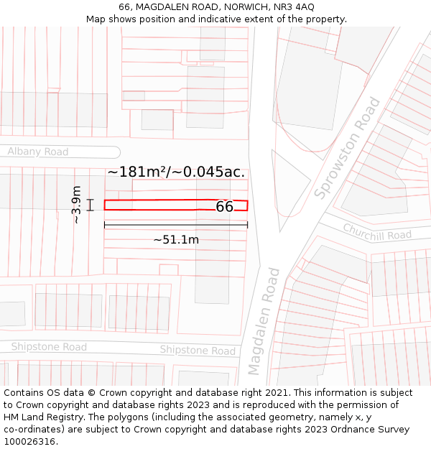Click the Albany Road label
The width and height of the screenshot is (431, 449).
[x=38, y=152]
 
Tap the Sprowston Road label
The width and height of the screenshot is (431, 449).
[x=347, y=148]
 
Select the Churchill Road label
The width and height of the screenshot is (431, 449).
[x=377, y=232]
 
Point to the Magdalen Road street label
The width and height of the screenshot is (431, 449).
[x=264, y=321]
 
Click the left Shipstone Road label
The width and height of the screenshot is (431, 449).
[x=49, y=347]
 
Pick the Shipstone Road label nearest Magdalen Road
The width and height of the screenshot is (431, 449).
[x=198, y=351]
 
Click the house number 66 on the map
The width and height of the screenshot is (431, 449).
[x=224, y=207]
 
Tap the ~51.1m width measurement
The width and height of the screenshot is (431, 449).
[x=176, y=240]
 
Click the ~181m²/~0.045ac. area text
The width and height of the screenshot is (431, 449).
[x=176, y=172]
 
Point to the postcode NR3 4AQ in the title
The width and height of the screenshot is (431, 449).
[x=295, y=6]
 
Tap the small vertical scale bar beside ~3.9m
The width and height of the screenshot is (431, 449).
[x=91, y=205]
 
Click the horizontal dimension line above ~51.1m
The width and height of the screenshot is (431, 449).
[x=176, y=225]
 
